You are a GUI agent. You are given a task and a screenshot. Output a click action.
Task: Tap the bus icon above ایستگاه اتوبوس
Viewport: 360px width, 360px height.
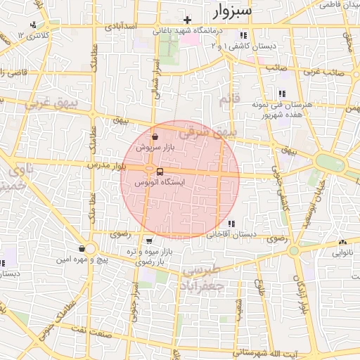point(160,172)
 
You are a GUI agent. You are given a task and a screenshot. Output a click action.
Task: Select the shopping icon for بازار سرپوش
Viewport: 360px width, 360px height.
point(155,137)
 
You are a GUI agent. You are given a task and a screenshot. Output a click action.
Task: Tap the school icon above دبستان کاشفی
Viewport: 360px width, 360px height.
point(243,35)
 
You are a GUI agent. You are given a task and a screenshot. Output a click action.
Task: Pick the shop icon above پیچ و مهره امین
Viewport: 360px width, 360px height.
point(82,249)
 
